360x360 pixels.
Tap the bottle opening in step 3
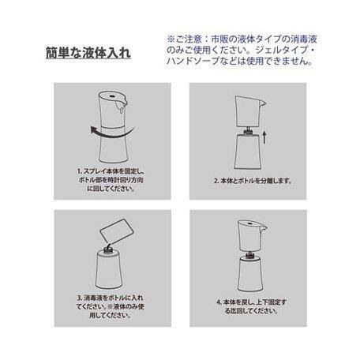tap(107, 253)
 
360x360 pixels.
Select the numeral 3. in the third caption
tap(80, 298)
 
